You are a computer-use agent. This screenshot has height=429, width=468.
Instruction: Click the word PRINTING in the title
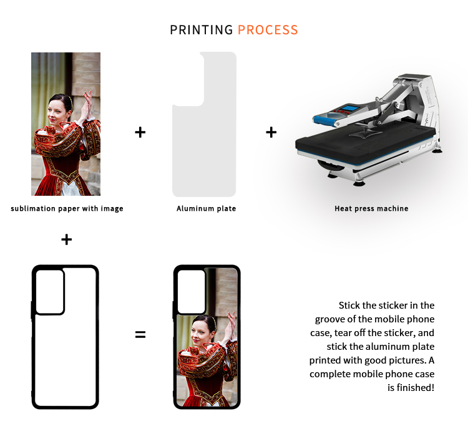click(202, 30)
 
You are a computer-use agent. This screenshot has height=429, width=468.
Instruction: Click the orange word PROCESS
click(268, 30)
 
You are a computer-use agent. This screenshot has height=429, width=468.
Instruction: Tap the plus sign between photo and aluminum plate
click(140, 132)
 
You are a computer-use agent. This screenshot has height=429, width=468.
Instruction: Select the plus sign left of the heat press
click(271, 132)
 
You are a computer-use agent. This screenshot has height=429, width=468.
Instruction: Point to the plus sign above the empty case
click(67, 239)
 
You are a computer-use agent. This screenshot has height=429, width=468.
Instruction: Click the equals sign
click(140, 334)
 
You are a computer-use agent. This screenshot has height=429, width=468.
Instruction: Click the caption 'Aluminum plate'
click(207, 208)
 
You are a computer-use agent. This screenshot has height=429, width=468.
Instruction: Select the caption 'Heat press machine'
click(371, 208)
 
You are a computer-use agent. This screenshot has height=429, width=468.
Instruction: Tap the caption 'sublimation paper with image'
click(67, 208)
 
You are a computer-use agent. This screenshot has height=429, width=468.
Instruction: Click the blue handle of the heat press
click(324, 121)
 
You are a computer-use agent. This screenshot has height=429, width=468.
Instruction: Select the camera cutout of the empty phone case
click(50, 292)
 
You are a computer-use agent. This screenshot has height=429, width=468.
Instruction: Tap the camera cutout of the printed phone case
click(192, 292)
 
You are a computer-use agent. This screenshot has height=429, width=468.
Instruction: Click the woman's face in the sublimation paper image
click(57, 112)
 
